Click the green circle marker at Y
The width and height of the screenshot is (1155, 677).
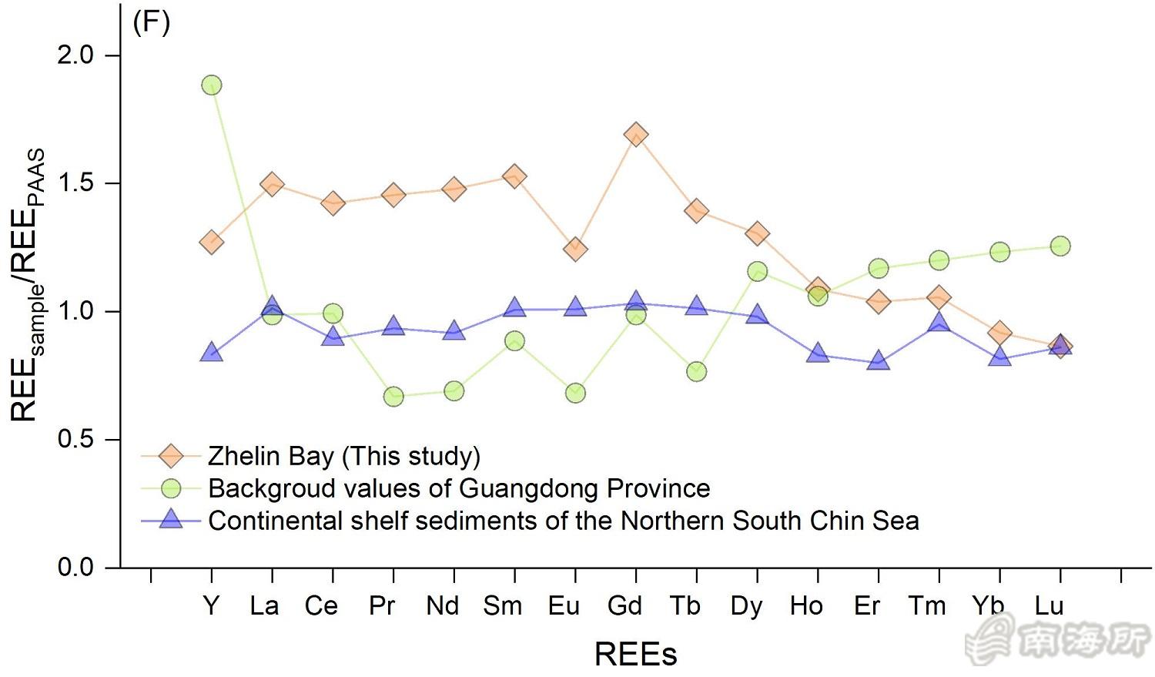[x=212, y=85]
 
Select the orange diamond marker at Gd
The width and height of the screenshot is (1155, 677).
[x=636, y=135]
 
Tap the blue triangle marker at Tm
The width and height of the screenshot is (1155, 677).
[x=939, y=323]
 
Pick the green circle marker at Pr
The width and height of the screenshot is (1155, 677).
[x=393, y=397]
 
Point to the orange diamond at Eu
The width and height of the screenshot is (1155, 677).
[x=575, y=249]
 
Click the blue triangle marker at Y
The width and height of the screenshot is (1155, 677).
[x=212, y=354]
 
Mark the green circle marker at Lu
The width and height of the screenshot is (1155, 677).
[x=1060, y=246]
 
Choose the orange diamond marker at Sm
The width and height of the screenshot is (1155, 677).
[x=514, y=176]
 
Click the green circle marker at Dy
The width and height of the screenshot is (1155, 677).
[x=757, y=271]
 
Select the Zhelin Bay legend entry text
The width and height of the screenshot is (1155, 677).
[x=344, y=456]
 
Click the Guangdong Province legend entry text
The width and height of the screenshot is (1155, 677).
[x=459, y=488]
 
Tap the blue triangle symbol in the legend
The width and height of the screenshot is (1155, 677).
[x=170, y=520]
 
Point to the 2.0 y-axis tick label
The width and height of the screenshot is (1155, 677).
[x=75, y=55]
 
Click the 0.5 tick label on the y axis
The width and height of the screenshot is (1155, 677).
[x=75, y=439]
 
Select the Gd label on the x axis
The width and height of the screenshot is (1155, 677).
[x=624, y=606]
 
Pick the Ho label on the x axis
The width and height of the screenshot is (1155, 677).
[x=806, y=606]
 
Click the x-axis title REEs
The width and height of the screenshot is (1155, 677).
[x=636, y=655]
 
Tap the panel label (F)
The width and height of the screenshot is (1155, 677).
[x=151, y=23]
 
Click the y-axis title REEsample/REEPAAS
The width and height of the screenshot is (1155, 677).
[x=29, y=285]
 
